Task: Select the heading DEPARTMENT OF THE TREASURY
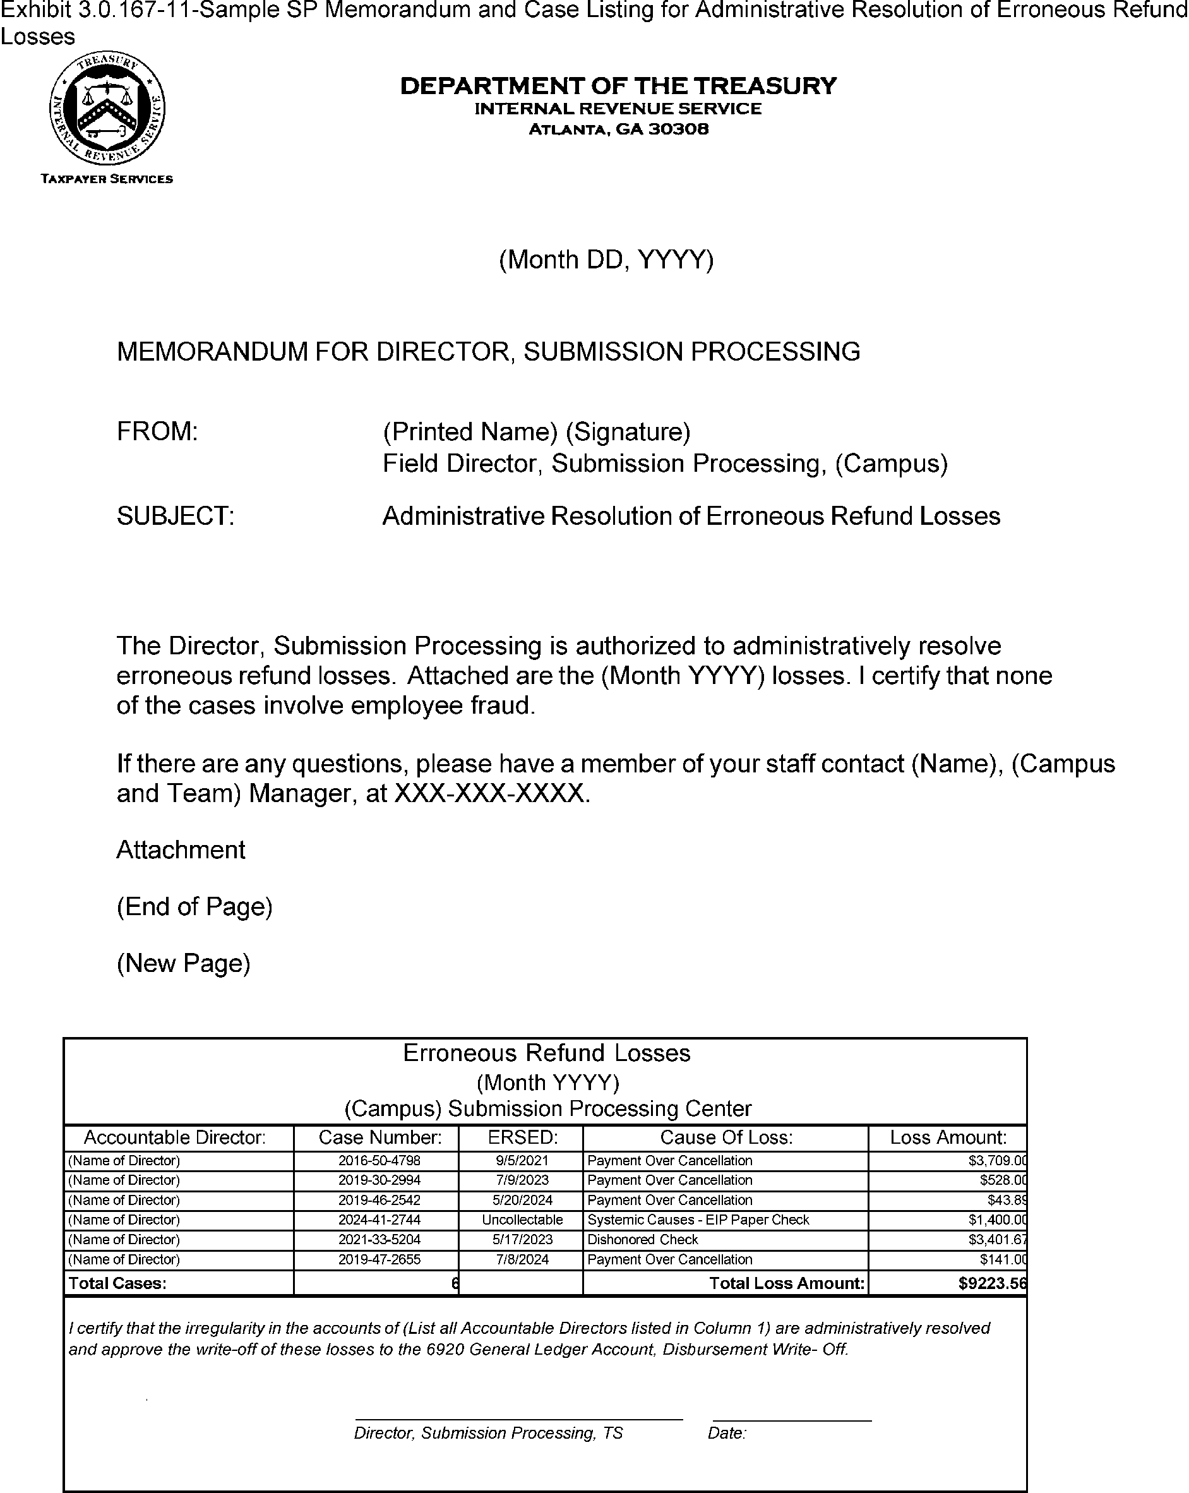point(618,86)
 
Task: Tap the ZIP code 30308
point(678,129)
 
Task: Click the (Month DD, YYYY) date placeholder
point(606,260)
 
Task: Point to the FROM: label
point(157,431)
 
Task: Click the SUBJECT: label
point(175,516)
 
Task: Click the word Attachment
point(181,849)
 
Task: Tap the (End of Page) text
point(194,906)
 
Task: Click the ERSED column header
point(522,1138)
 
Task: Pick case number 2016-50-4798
point(379,1161)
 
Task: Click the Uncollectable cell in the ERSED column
point(522,1220)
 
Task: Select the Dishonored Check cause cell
point(643,1240)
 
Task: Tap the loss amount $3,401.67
point(996,1240)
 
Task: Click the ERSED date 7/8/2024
point(522,1259)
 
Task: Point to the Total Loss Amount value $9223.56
point(991,1283)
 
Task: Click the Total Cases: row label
point(117,1283)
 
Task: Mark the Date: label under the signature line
point(726,1434)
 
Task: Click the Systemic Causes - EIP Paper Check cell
point(698,1220)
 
